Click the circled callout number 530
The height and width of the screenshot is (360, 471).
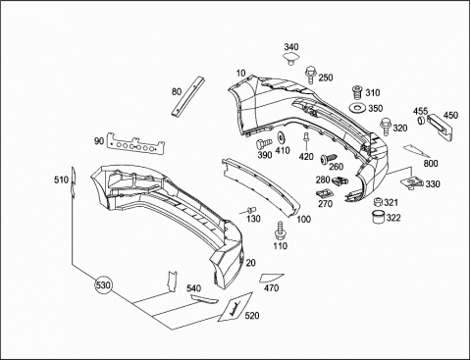coord(103,285)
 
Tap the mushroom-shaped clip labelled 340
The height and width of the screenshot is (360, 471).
coord(290,58)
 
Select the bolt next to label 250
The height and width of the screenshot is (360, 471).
coord(310,75)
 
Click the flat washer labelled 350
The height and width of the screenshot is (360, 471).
coord(357,108)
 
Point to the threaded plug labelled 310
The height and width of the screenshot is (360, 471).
coord(357,92)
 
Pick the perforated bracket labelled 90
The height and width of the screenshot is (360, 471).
coord(135,145)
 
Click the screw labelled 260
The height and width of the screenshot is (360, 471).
coord(329,159)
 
